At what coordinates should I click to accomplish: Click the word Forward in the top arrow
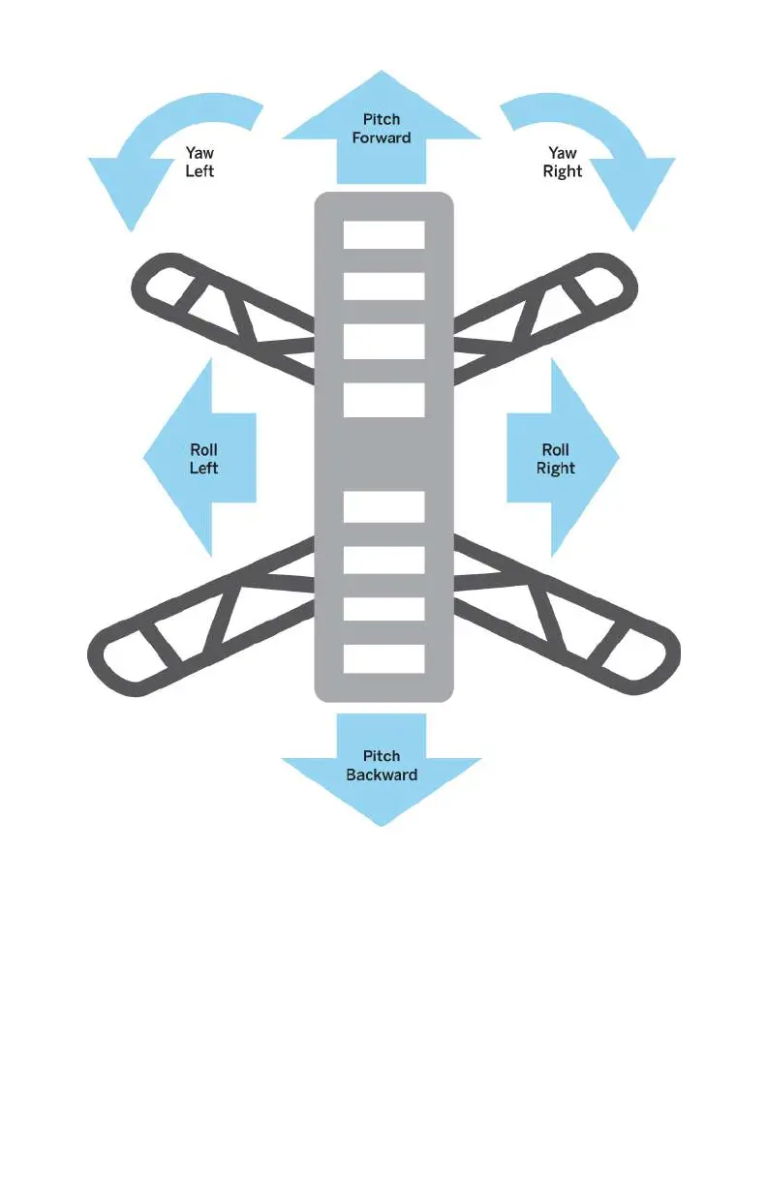[382, 137]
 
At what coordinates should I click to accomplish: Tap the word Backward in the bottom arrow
[382, 775]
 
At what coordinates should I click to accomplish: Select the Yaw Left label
[199, 162]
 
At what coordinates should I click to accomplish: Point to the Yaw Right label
[563, 162]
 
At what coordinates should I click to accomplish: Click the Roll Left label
[203, 459]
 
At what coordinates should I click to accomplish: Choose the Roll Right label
[556, 459]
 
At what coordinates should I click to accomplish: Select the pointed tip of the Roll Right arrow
[617, 457]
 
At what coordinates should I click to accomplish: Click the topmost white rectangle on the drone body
[384, 235]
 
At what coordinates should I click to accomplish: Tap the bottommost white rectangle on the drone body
[384, 658]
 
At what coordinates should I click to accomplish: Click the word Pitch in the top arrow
[382, 120]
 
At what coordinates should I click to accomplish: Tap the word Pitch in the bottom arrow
[382, 756]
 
